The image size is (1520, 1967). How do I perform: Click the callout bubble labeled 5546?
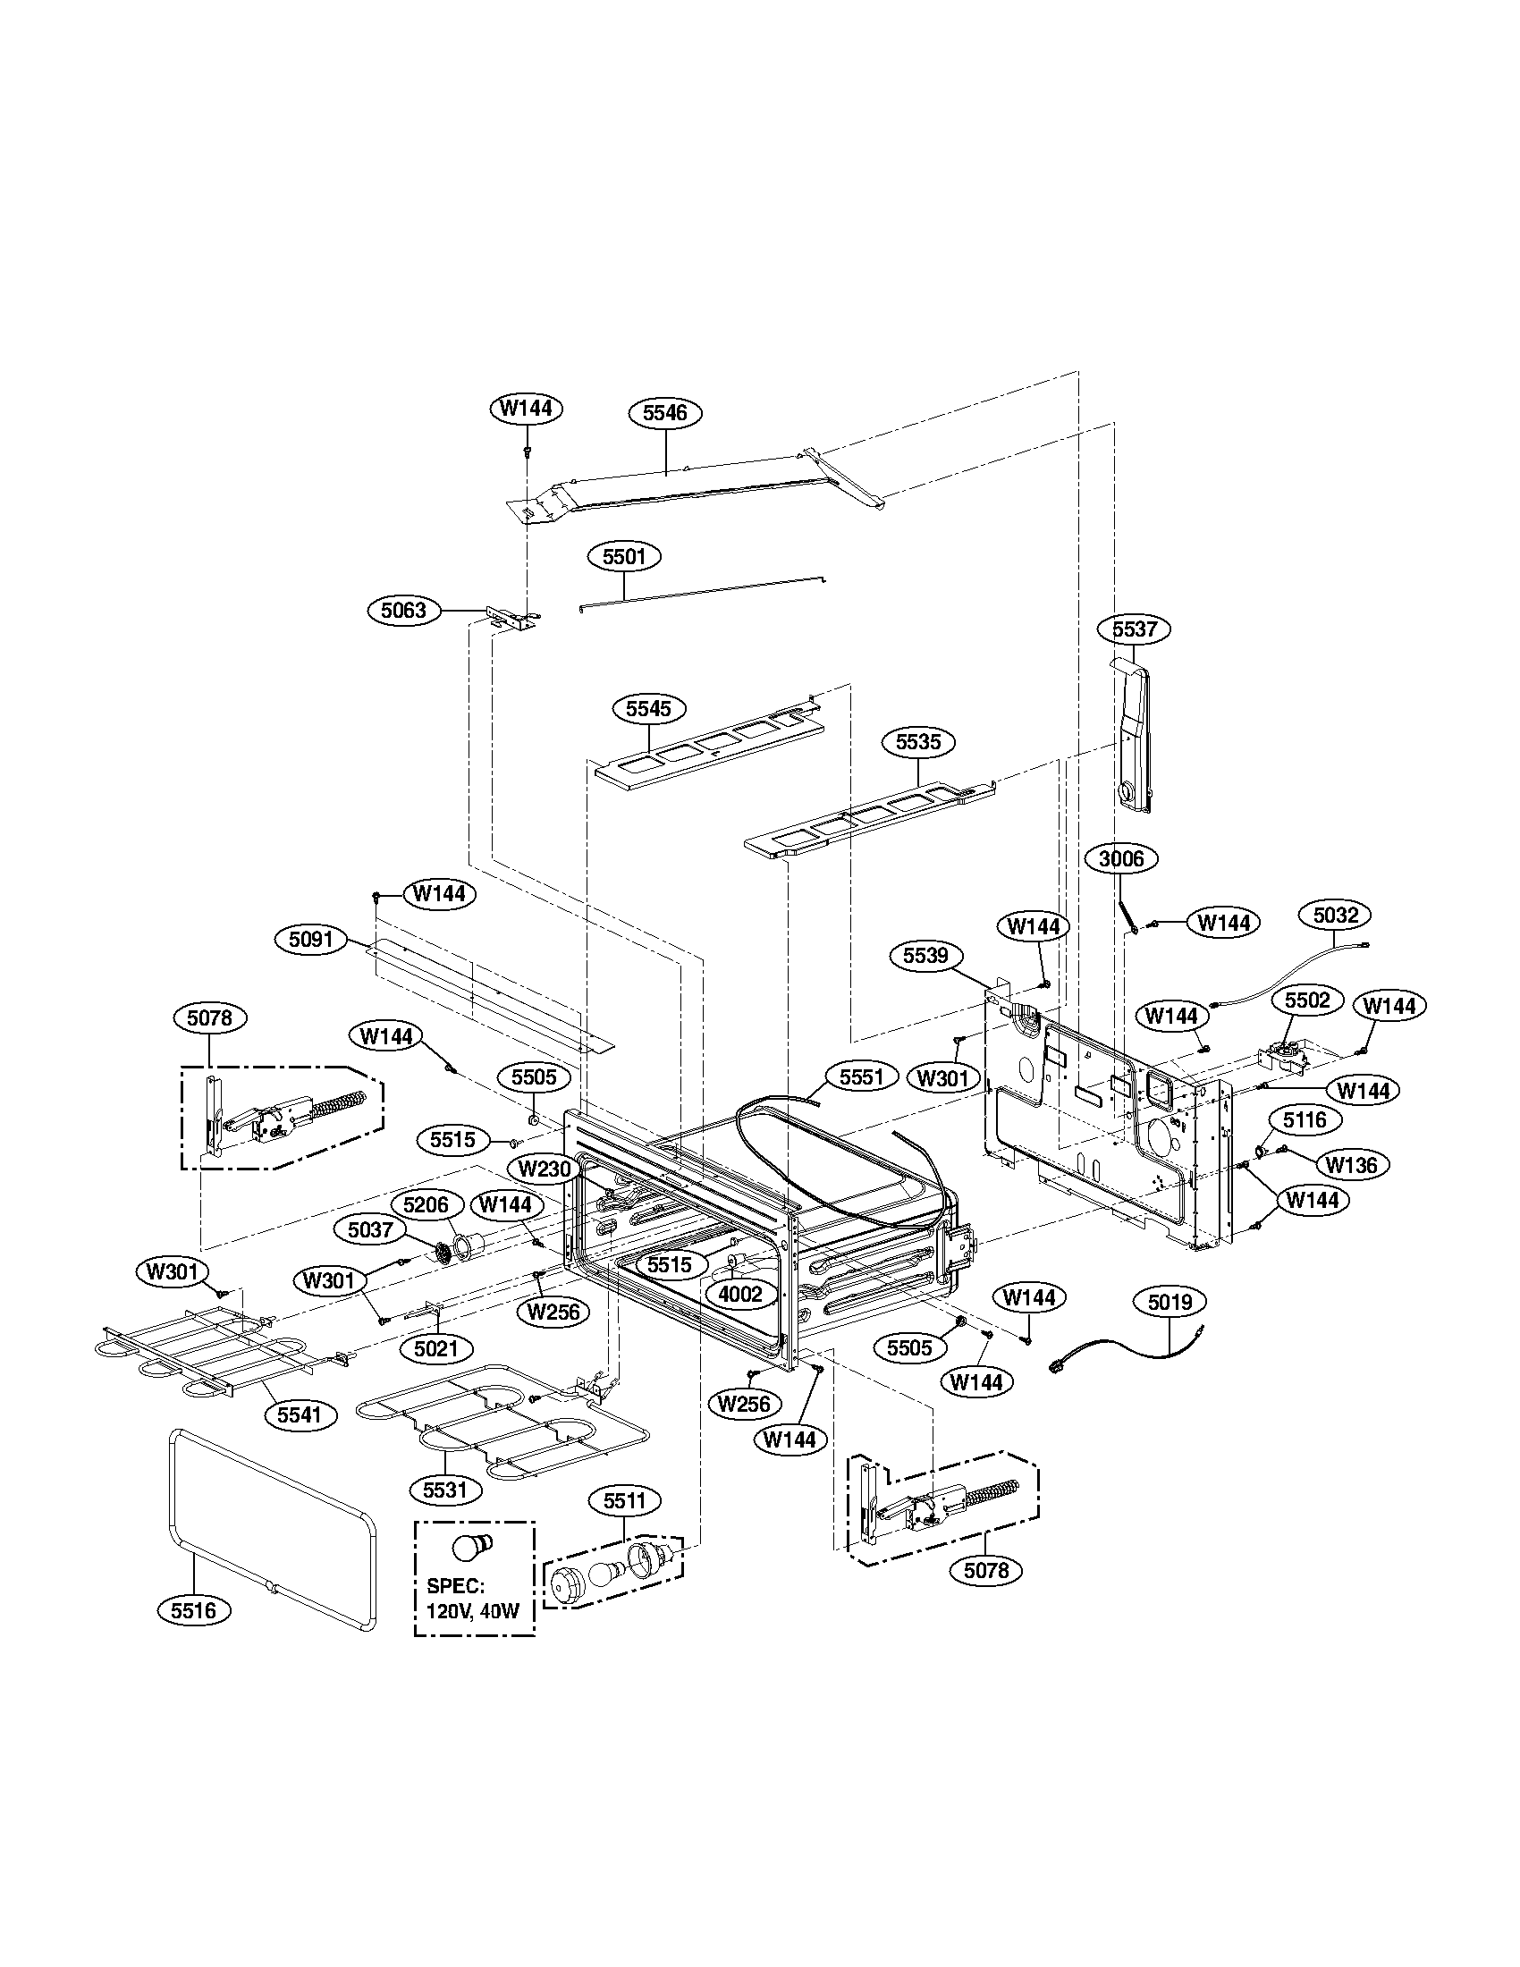[664, 412]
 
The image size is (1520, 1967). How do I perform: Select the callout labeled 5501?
[624, 557]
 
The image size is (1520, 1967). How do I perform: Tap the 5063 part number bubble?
[403, 611]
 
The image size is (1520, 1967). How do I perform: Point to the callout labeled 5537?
[1134, 629]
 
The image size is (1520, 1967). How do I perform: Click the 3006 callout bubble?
[1121, 858]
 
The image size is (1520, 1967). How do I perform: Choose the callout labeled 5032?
[1335, 915]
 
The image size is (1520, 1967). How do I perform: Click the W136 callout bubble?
[1352, 1164]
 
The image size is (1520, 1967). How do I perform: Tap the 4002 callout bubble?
[740, 1295]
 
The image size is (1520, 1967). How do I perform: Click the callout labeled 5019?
[1170, 1302]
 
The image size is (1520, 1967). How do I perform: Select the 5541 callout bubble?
[300, 1415]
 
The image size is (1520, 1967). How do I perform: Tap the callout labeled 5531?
[446, 1490]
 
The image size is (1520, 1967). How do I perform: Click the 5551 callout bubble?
[862, 1076]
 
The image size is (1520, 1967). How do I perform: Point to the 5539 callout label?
[925, 955]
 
